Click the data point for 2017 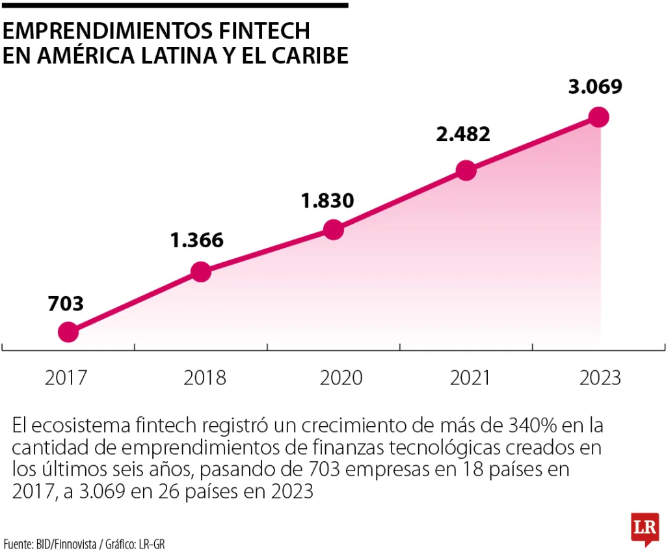click(68, 332)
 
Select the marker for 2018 click(201, 272)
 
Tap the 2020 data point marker click(333, 230)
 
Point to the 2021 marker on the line click(466, 170)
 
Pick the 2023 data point click(598, 117)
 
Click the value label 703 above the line click(66, 303)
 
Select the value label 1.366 click(197, 241)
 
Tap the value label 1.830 click(328, 200)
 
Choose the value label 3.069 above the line click(595, 86)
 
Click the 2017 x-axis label click(66, 378)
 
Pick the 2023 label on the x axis click(600, 378)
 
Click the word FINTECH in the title click(263, 31)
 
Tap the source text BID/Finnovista click(66, 543)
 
